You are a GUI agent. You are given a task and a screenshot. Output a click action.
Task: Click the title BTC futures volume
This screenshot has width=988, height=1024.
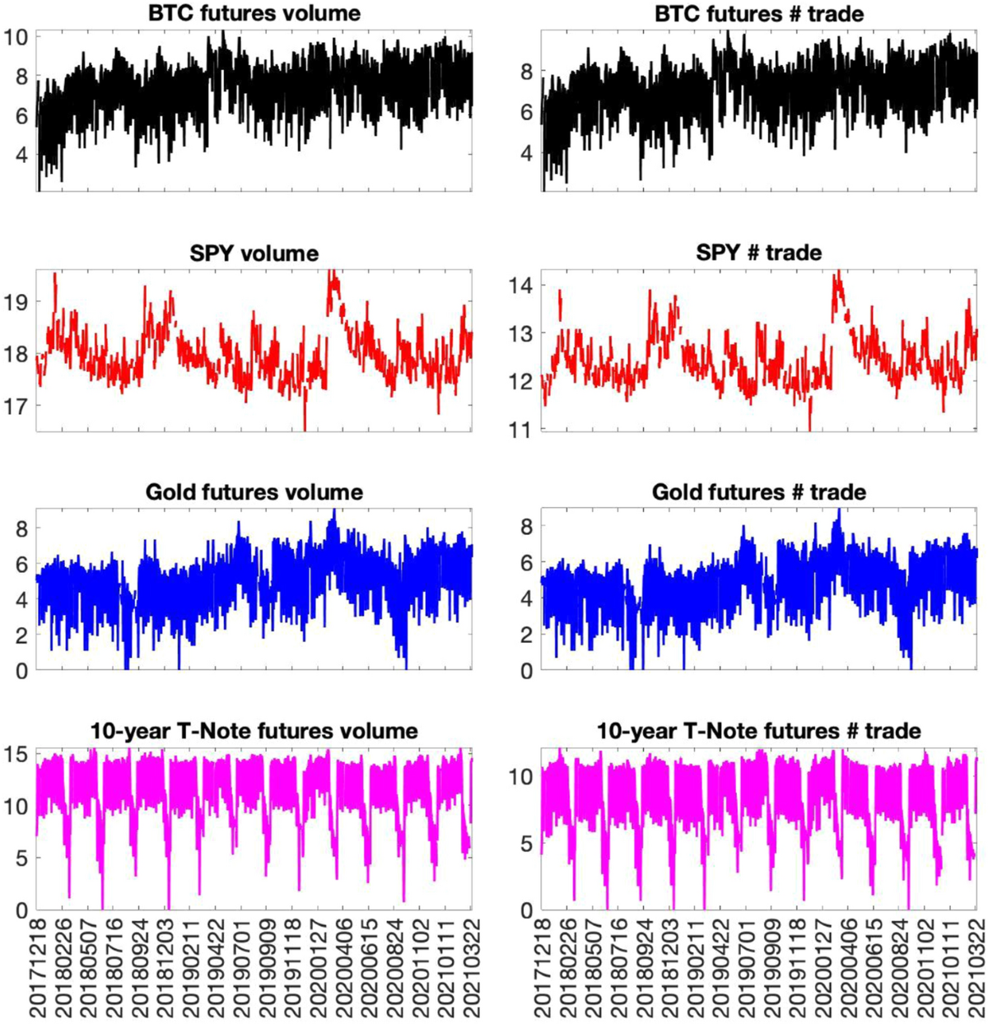[x=254, y=13]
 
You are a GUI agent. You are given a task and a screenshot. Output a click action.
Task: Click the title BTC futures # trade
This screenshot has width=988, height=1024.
[x=758, y=13]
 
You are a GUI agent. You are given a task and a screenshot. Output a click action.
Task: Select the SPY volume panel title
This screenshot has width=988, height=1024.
[x=254, y=253]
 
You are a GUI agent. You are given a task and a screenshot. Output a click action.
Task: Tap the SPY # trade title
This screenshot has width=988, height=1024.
[x=758, y=253]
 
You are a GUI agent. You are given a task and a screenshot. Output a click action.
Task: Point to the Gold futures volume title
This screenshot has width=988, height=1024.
[x=254, y=492]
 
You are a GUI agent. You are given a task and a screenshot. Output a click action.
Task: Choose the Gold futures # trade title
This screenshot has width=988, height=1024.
[x=758, y=492]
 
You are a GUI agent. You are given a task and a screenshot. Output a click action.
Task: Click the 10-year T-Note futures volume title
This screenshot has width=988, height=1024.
[x=254, y=731]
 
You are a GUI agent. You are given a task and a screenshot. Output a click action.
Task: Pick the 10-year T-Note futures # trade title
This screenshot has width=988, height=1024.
[x=758, y=731]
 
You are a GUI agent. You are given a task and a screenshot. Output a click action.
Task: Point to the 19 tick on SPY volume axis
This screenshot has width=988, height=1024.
[x=16, y=302]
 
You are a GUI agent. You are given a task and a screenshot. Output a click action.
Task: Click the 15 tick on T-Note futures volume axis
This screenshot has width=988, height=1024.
[x=16, y=754]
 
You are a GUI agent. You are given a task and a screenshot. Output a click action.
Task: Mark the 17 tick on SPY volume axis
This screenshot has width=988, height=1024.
[x=16, y=406]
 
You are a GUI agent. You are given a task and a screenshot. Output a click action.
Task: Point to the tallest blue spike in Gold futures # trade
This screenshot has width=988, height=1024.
[x=838, y=511]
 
